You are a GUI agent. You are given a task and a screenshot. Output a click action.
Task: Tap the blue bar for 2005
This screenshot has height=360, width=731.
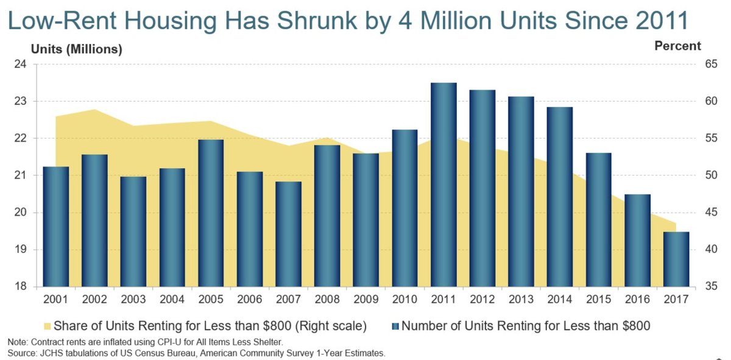(x=211, y=213)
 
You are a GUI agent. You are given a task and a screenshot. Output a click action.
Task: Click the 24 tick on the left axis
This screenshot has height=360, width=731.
(x=21, y=65)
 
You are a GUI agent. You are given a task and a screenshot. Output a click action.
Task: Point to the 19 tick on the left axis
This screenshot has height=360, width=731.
(x=21, y=250)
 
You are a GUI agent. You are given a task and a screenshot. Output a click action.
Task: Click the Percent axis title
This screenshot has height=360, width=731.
(x=677, y=46)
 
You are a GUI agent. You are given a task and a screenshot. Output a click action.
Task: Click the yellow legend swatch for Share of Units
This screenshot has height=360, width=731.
(x=46, y=326)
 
